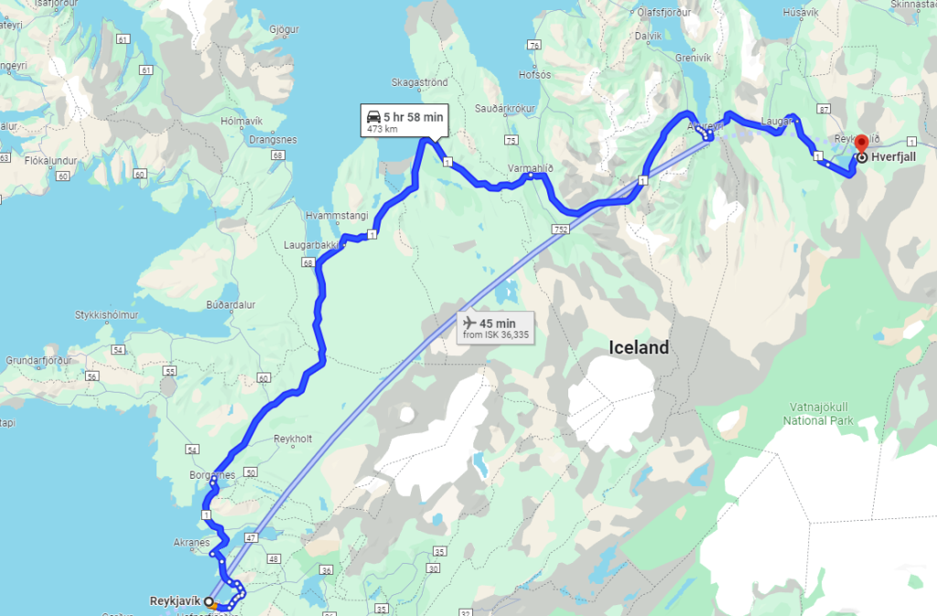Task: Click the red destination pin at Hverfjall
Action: click(860, 145)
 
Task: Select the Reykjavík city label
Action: click(175, 601)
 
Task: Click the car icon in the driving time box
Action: click(374, 116)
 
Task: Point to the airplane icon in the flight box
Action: click(470, 323)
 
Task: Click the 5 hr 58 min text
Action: click(414, 116)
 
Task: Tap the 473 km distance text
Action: click(382, 130)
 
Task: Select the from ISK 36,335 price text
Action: click(496, 335)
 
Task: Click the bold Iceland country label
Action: click(639, 348)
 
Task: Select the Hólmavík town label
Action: click(242, 121)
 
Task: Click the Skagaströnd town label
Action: click(420, 82)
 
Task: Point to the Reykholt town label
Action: click(294, 438)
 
